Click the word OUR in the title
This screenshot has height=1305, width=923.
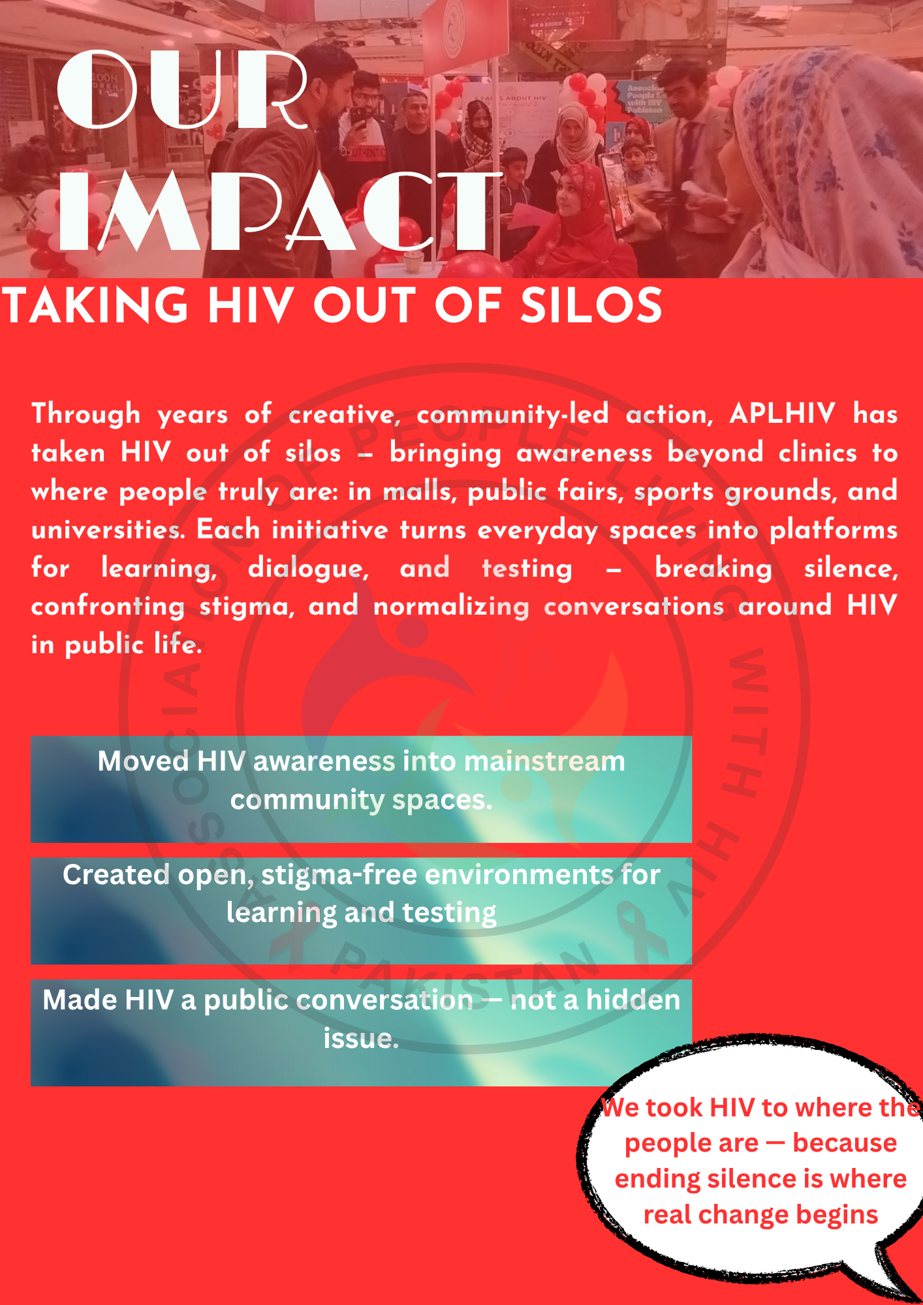[x=183, y=89]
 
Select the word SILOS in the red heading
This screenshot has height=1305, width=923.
[x=591, y=305]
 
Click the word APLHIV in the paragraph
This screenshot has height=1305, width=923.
[x=782, y=414]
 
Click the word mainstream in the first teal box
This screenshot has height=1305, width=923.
[x=544, y=761]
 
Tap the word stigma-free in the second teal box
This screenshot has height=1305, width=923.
[x=338, y=875]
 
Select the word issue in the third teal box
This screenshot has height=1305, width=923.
[x=361, y=1038]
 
